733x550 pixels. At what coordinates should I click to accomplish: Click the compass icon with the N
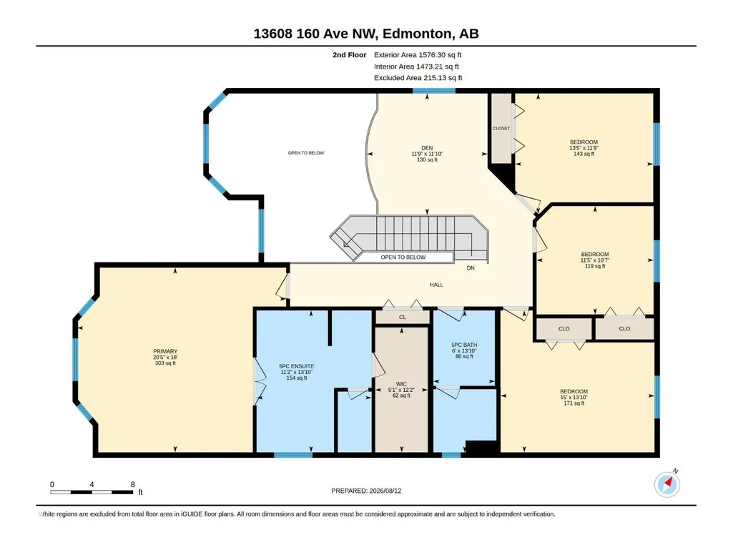coord(667,484)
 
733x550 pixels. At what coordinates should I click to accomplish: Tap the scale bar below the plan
coord(92,492)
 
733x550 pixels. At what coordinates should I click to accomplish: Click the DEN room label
coord(427,148)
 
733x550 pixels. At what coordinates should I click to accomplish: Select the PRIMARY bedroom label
coord(165,351)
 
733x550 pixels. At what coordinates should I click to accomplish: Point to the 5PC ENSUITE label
coord(296,366)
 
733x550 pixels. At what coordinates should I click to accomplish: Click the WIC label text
coord(401,384)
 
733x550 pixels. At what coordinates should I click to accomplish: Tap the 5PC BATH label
coord(463,345)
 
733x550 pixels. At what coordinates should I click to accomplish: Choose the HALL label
coord(436,285)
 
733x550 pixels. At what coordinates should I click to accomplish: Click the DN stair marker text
coord(471,268)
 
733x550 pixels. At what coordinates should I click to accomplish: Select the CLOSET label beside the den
coord(501,128)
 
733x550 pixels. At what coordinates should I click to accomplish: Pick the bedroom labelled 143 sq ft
coord(584,148)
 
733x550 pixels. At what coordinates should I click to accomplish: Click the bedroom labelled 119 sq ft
coord(595,260)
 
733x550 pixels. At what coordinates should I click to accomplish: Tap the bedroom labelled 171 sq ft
coord(574,397)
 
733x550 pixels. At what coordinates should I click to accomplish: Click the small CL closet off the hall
coord(403,317)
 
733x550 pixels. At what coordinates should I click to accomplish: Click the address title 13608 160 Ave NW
coord(315,34)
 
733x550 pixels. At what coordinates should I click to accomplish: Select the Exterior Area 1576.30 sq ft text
coord(418,55)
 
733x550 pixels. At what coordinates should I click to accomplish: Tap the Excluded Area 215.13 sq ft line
coord(418,78)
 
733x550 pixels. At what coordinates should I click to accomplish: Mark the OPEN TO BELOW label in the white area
coord(306,153)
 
